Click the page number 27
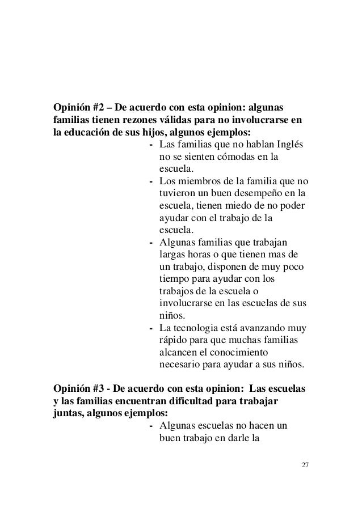pos(305,466)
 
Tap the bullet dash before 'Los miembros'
pos(150,181)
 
